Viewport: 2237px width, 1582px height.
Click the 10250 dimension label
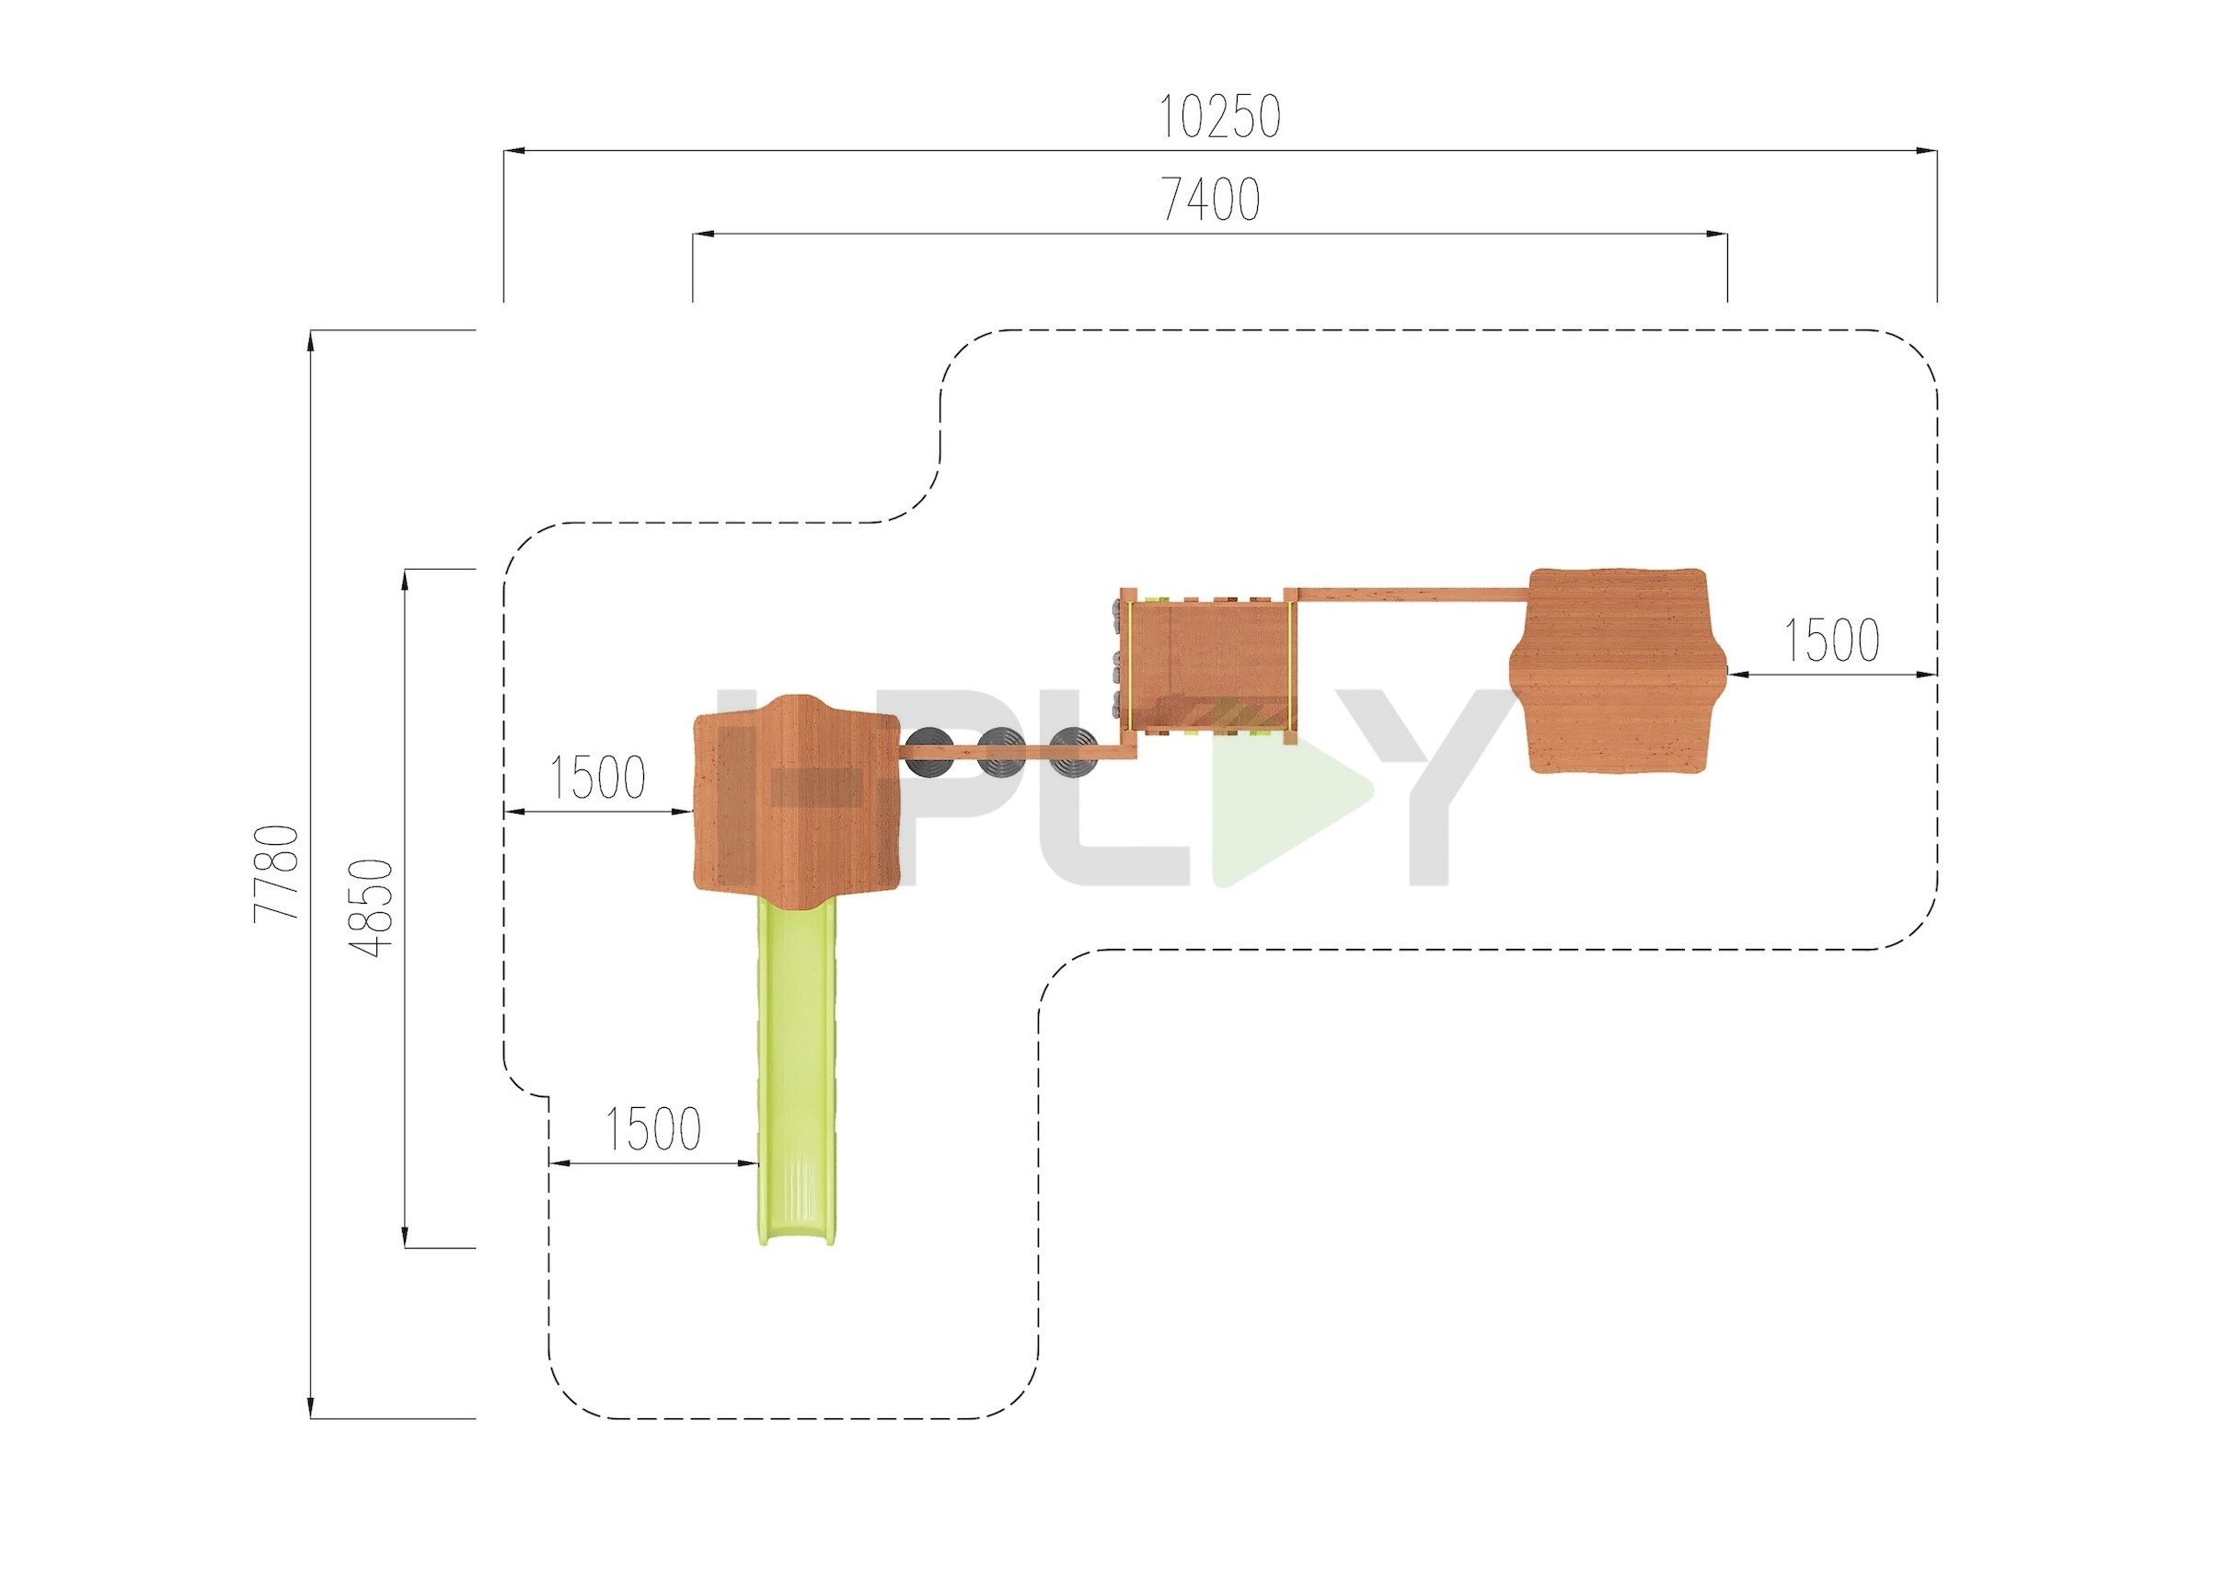[1219, 118]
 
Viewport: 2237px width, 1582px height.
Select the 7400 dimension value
[1211, 201]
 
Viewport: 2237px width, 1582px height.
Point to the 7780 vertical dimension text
[277, 872]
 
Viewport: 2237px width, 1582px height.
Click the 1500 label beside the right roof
[1830, 641]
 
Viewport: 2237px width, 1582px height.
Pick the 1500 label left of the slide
[652, 1130]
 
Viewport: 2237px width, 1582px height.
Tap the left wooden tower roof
[796, 799]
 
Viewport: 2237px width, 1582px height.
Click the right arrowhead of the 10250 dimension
[1926, 151]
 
